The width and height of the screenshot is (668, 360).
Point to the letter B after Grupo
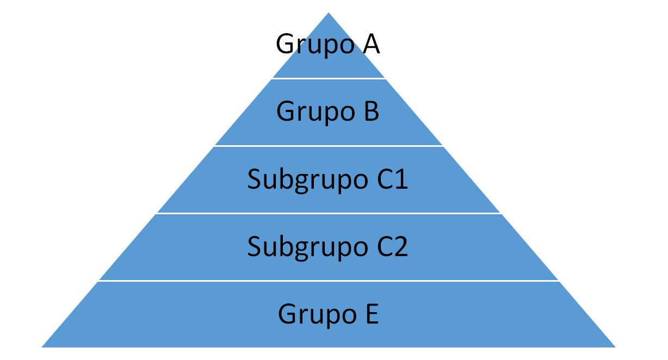[x=369, y=111]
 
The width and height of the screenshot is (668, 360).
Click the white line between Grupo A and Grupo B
[x=329, y=78]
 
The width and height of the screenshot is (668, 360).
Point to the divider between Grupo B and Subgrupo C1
[x=329, y=146]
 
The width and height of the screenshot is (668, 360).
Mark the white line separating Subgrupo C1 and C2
[x=329, y=213]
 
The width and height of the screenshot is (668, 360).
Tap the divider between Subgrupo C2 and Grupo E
[x=329, y=281]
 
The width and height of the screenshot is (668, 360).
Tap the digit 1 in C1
[x=400, y=179]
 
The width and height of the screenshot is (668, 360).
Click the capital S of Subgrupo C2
[x=255, y=246]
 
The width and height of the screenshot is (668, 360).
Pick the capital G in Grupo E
[x=287, y=314]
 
